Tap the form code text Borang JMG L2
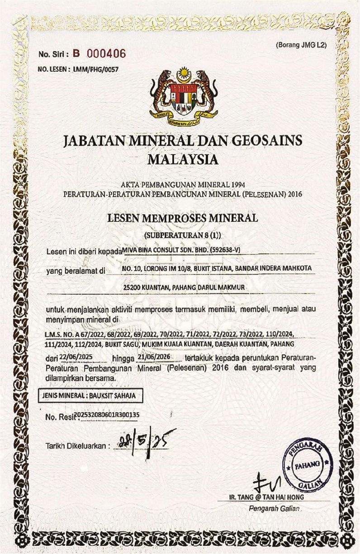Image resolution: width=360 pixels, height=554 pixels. [x=304, y=45]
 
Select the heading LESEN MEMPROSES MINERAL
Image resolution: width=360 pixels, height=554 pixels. [x=182, y=218]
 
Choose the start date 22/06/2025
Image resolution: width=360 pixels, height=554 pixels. [x=76, y=357]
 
